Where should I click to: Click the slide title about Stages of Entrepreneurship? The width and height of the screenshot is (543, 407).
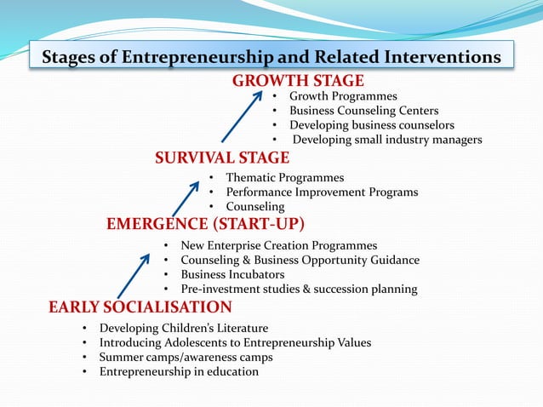pyautogui.click(x=271, y=58)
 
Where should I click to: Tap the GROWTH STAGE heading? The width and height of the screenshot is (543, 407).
pyautogui.click(x=298, y=81)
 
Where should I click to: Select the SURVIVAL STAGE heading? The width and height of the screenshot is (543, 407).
pyautogui.click(x=221, y=158)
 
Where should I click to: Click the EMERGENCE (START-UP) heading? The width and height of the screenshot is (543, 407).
pyautogui.click(x=205, y=224)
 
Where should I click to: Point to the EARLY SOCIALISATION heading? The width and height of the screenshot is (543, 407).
pyautogui.click(x=140, y=307)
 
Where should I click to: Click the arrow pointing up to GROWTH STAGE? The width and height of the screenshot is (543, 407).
pyautogui.click(x=242, y=116)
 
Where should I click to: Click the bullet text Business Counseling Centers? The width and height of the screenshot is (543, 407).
pyautogui.click(x=363, y=111)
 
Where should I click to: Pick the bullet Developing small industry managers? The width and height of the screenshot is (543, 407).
pyautogui.click(x=387, y=140)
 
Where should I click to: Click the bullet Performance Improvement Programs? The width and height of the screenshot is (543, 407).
pyautogui.click(x=321, y=192)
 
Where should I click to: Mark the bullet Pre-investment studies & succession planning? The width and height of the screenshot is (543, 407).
pyautogui.click(x=299, y=289)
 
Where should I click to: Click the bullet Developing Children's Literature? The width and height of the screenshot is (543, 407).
pyautogui.click(x=184, y=328)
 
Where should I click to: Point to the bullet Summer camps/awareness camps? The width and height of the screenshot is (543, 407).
pyautogui.click(x=186, y=357)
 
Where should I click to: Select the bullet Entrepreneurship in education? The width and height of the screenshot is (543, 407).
pyautogui.click(x=179, y=371)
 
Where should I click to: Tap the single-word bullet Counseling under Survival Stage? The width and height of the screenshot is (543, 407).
pyautogui.click(x=254, y=207)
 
